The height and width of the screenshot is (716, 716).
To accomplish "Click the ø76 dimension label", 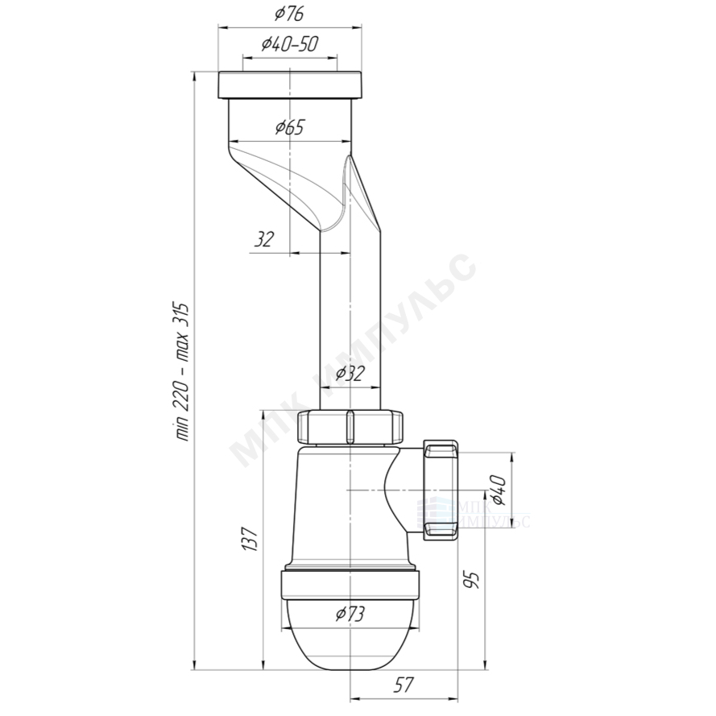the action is [289, 14].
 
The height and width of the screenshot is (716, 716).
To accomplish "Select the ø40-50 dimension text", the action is [289, 43].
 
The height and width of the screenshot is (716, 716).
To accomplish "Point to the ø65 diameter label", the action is [289, 127].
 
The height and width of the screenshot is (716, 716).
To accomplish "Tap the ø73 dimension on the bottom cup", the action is [350, 614].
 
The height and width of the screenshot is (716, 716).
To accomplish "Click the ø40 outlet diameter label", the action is [499, 490].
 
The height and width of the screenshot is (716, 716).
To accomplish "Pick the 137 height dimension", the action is [250, 539].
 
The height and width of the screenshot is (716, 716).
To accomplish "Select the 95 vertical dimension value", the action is [474, 579].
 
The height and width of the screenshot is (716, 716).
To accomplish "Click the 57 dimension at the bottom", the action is [404, 685].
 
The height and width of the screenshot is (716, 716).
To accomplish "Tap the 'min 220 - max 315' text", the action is [182, 371].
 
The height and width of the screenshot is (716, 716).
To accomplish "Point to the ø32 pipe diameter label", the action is [350, 374].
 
